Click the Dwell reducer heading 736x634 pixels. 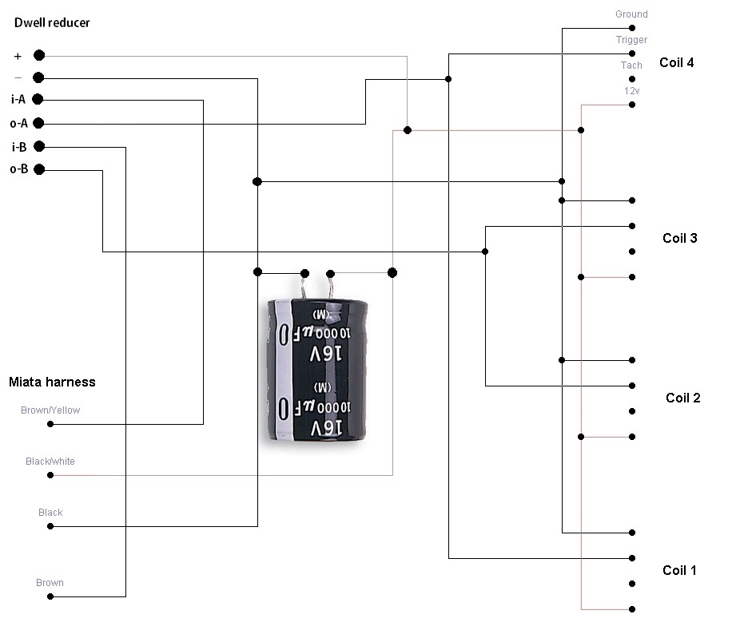tap(52, 23)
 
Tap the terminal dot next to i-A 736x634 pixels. tap(37, 99)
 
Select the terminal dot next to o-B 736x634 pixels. tap(39, 168)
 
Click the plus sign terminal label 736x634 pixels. tap(18, 56)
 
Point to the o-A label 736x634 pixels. tap(18, 123)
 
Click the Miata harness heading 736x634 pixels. tap(52, 382)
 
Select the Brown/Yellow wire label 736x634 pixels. tap(50, 410)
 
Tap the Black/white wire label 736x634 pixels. tap(50, 462)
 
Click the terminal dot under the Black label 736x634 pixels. tap(50, 526)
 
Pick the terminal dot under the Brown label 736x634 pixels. tap(50, 596)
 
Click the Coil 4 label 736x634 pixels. tap(676, 62)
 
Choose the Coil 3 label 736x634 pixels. tap(679, 238)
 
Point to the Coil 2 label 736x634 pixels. tap(682, 398)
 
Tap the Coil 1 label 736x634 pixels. tap(679, 570)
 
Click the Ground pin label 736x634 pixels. tap(631, 14)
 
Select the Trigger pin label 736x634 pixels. tap(631, 40)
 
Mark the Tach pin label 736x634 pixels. tap(631, 65)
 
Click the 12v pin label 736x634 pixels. tap(631, 91)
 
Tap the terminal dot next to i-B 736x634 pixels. tap(39, 146)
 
